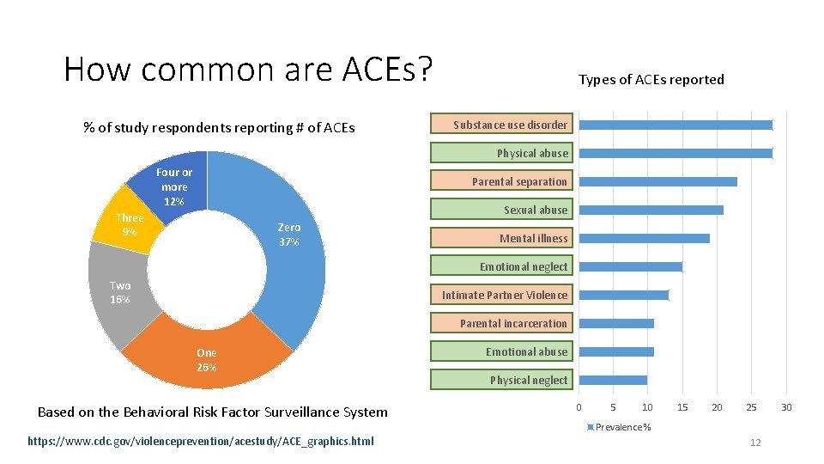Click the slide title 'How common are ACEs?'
[x=247, y=69]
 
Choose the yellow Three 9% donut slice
[x=130, y=225]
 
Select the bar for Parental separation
[x=657, y=181]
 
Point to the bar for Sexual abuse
[x=651, y=210]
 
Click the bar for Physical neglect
[x=613, y=380]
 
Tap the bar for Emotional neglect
[x=630, y=266]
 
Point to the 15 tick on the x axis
[x=682, y=407]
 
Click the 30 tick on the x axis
[x=786, y=407]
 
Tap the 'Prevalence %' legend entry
[x=620, y=427]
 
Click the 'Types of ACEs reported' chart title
[x=651, y=80]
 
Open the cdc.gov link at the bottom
[x=201, y=442]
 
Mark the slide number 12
[x=755, y=443]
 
